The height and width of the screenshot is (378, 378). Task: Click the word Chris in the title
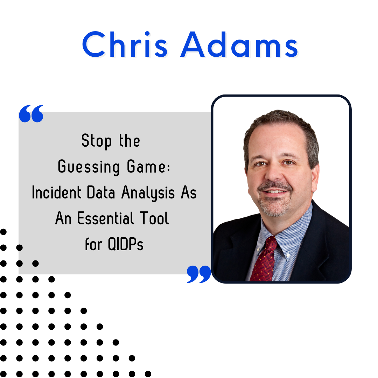(x=125, y=44)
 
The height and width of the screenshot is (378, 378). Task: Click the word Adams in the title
(x=240, y=44)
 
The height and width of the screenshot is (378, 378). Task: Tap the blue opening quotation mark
(x=31, y=113)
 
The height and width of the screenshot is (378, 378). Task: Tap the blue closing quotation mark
(x=199, y=274)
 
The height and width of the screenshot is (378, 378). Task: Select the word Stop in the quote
(x=97, y=141)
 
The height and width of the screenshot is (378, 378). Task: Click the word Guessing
(x=89, y=167)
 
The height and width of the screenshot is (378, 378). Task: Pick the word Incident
(x=57, y=192)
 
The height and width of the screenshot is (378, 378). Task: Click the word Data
(x=101, y=192)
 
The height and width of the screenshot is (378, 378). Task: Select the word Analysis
(x=148, y=193)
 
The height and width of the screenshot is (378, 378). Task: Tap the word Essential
(x=106, y=218)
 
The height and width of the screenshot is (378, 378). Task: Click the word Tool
(x=154, y=218)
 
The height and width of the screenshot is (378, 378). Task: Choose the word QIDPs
(x=126, y=244)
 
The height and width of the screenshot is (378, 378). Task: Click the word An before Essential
(x=63, y=218)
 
